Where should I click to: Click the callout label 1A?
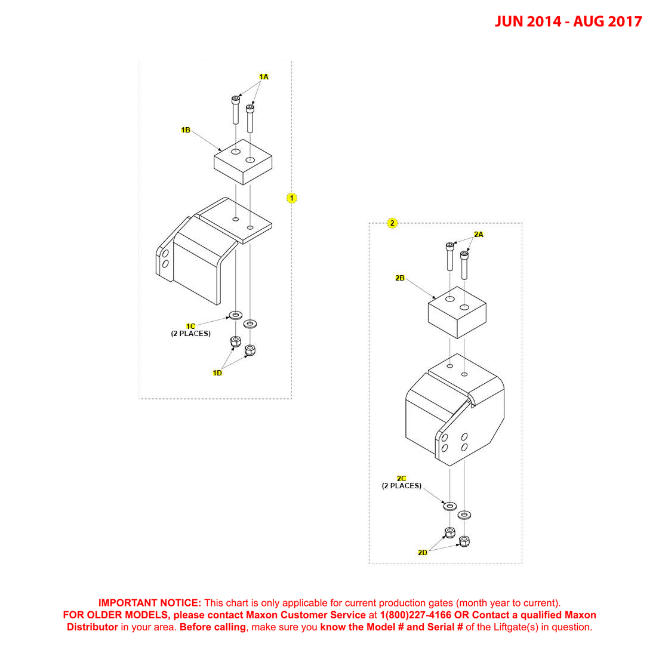point(264,77)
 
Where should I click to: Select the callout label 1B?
point(186,130)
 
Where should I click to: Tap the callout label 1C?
point(190,326)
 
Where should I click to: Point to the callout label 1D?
point(217,372)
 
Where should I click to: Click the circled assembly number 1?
point(292,198)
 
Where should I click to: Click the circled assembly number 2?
point(392,223)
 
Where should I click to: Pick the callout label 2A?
point(479,235)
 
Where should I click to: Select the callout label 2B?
point(400,278)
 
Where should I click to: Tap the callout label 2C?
point(402,478)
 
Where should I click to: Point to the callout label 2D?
point(423,552)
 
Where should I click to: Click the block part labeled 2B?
point(457,313)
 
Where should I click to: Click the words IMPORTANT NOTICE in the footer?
point(150,603)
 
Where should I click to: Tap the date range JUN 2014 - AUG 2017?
point(568,21)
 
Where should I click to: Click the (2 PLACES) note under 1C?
point(191,334)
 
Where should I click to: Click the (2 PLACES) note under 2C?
point(402,486)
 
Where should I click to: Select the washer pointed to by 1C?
point(236,315)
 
